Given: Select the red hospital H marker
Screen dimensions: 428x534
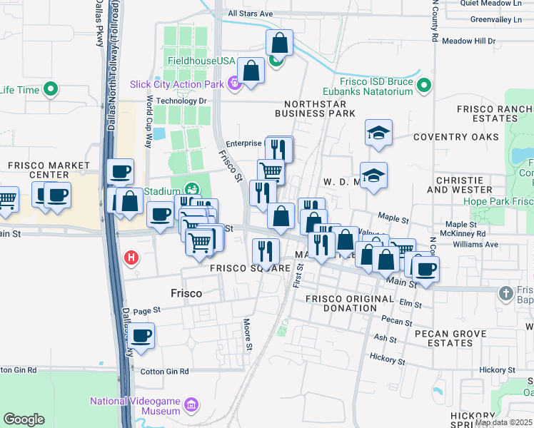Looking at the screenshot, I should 131,258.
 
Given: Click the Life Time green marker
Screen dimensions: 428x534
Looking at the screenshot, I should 50,90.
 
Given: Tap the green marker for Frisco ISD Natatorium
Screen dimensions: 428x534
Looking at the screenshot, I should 424,86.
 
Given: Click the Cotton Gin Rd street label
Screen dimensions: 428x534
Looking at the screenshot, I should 164,371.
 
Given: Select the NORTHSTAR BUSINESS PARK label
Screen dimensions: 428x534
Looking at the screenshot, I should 315,108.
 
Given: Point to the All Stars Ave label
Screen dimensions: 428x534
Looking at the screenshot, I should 250,14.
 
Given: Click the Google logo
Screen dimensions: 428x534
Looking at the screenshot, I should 24,419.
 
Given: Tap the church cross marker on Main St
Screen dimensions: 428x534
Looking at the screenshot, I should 505,292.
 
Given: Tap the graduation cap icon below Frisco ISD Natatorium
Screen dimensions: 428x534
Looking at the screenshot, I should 378,133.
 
